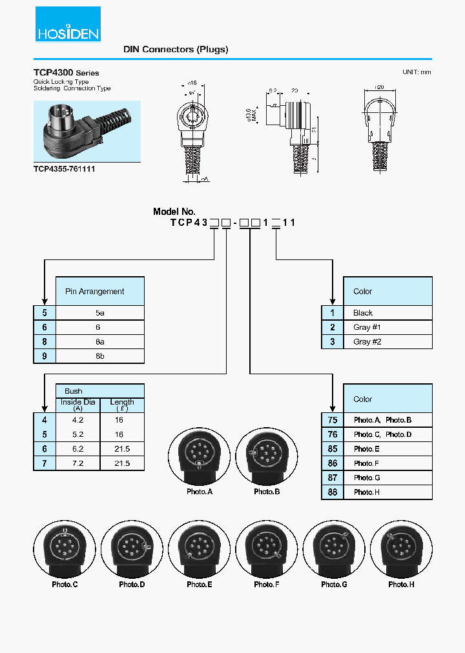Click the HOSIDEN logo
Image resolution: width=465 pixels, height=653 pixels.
pos(68,24)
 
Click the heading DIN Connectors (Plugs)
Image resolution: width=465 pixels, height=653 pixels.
pos(176,49)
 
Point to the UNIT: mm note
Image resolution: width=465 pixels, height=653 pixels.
pos(416,72)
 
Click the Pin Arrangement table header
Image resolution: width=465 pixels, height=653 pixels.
pos(99,291)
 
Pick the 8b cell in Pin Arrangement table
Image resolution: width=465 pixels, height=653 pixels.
pos(99,356)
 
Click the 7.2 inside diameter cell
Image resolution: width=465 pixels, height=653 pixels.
pos(78,463)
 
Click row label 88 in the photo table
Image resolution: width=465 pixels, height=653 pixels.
pos(333,492)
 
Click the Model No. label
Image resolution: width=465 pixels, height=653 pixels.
pos(174,212)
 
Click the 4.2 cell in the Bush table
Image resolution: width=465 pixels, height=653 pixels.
pos(78,419)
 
